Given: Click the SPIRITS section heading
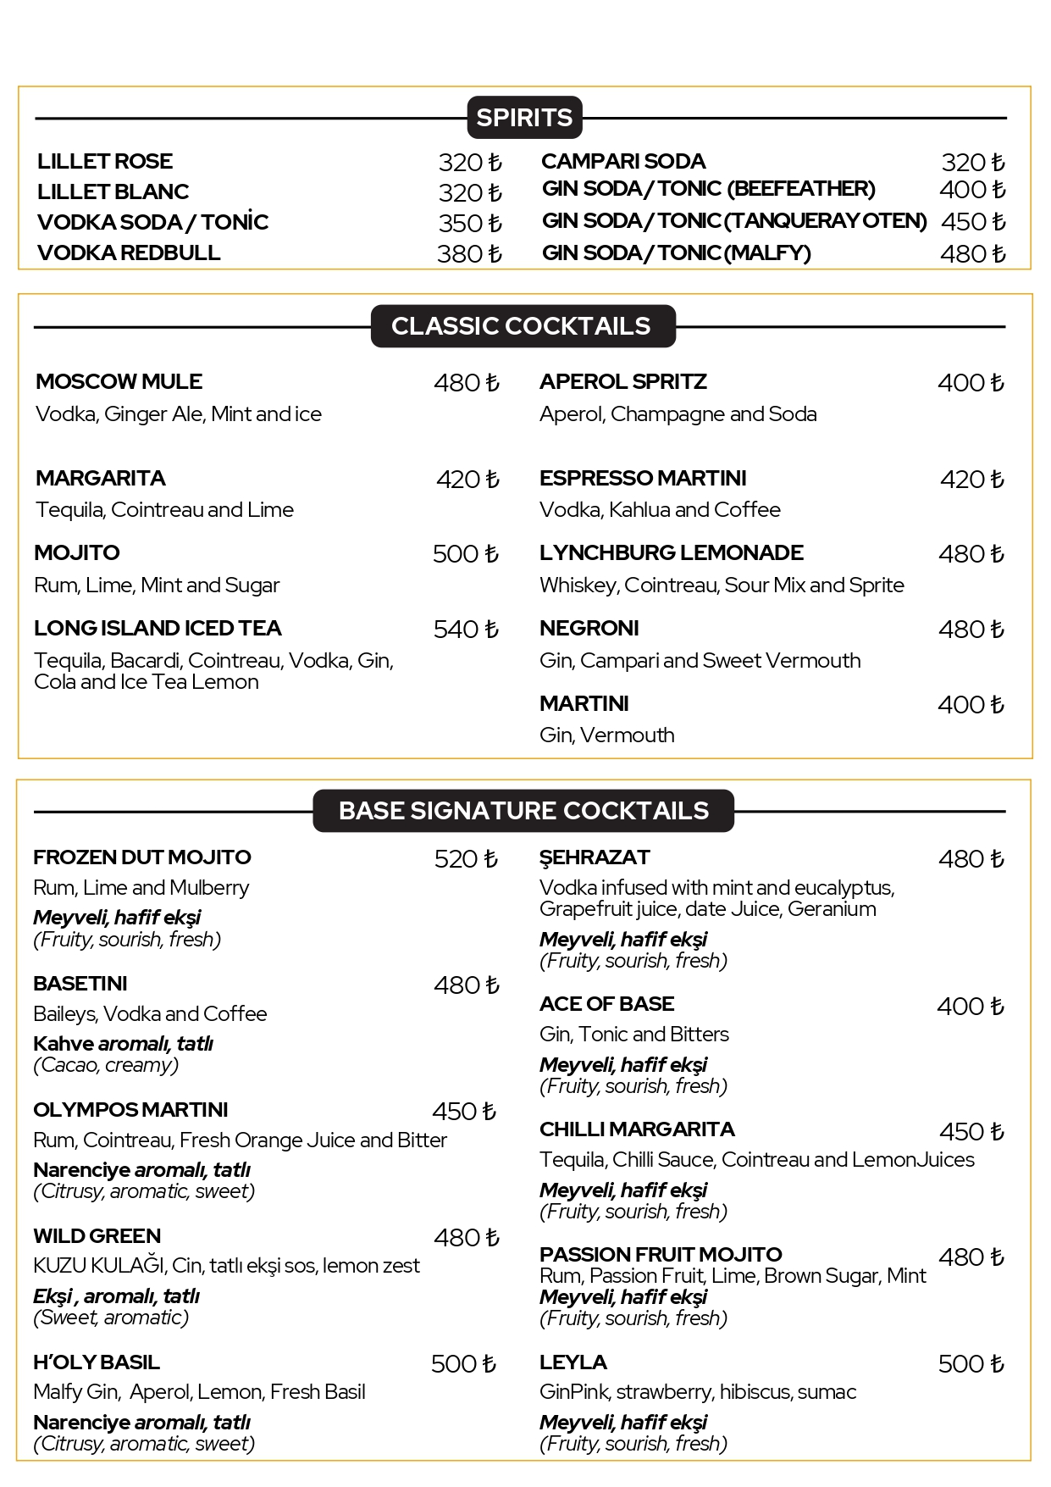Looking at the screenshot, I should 524,118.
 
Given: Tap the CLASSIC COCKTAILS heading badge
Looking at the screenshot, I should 522,326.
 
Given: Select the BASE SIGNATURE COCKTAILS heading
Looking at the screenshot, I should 523,811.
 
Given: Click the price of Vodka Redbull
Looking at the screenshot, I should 469,253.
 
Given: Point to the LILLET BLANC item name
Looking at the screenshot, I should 113,191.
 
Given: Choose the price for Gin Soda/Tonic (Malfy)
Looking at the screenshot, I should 972,253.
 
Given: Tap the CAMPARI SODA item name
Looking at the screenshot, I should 623,161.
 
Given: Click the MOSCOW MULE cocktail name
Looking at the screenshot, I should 119,381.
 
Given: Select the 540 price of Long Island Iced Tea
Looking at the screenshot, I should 466,630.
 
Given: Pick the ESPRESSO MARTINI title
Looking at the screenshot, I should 643,478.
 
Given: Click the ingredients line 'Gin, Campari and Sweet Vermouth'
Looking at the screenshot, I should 700,660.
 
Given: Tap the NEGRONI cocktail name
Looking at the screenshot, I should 589,628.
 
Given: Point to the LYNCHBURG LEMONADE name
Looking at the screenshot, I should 671,552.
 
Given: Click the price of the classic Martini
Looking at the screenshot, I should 971,705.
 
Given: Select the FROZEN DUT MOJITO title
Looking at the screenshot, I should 142,857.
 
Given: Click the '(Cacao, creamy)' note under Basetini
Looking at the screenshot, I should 106,1065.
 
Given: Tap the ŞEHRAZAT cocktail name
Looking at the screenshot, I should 595,857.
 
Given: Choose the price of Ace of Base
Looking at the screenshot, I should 971,1007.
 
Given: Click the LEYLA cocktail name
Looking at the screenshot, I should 573,1362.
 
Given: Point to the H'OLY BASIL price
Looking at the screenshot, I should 463,1364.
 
